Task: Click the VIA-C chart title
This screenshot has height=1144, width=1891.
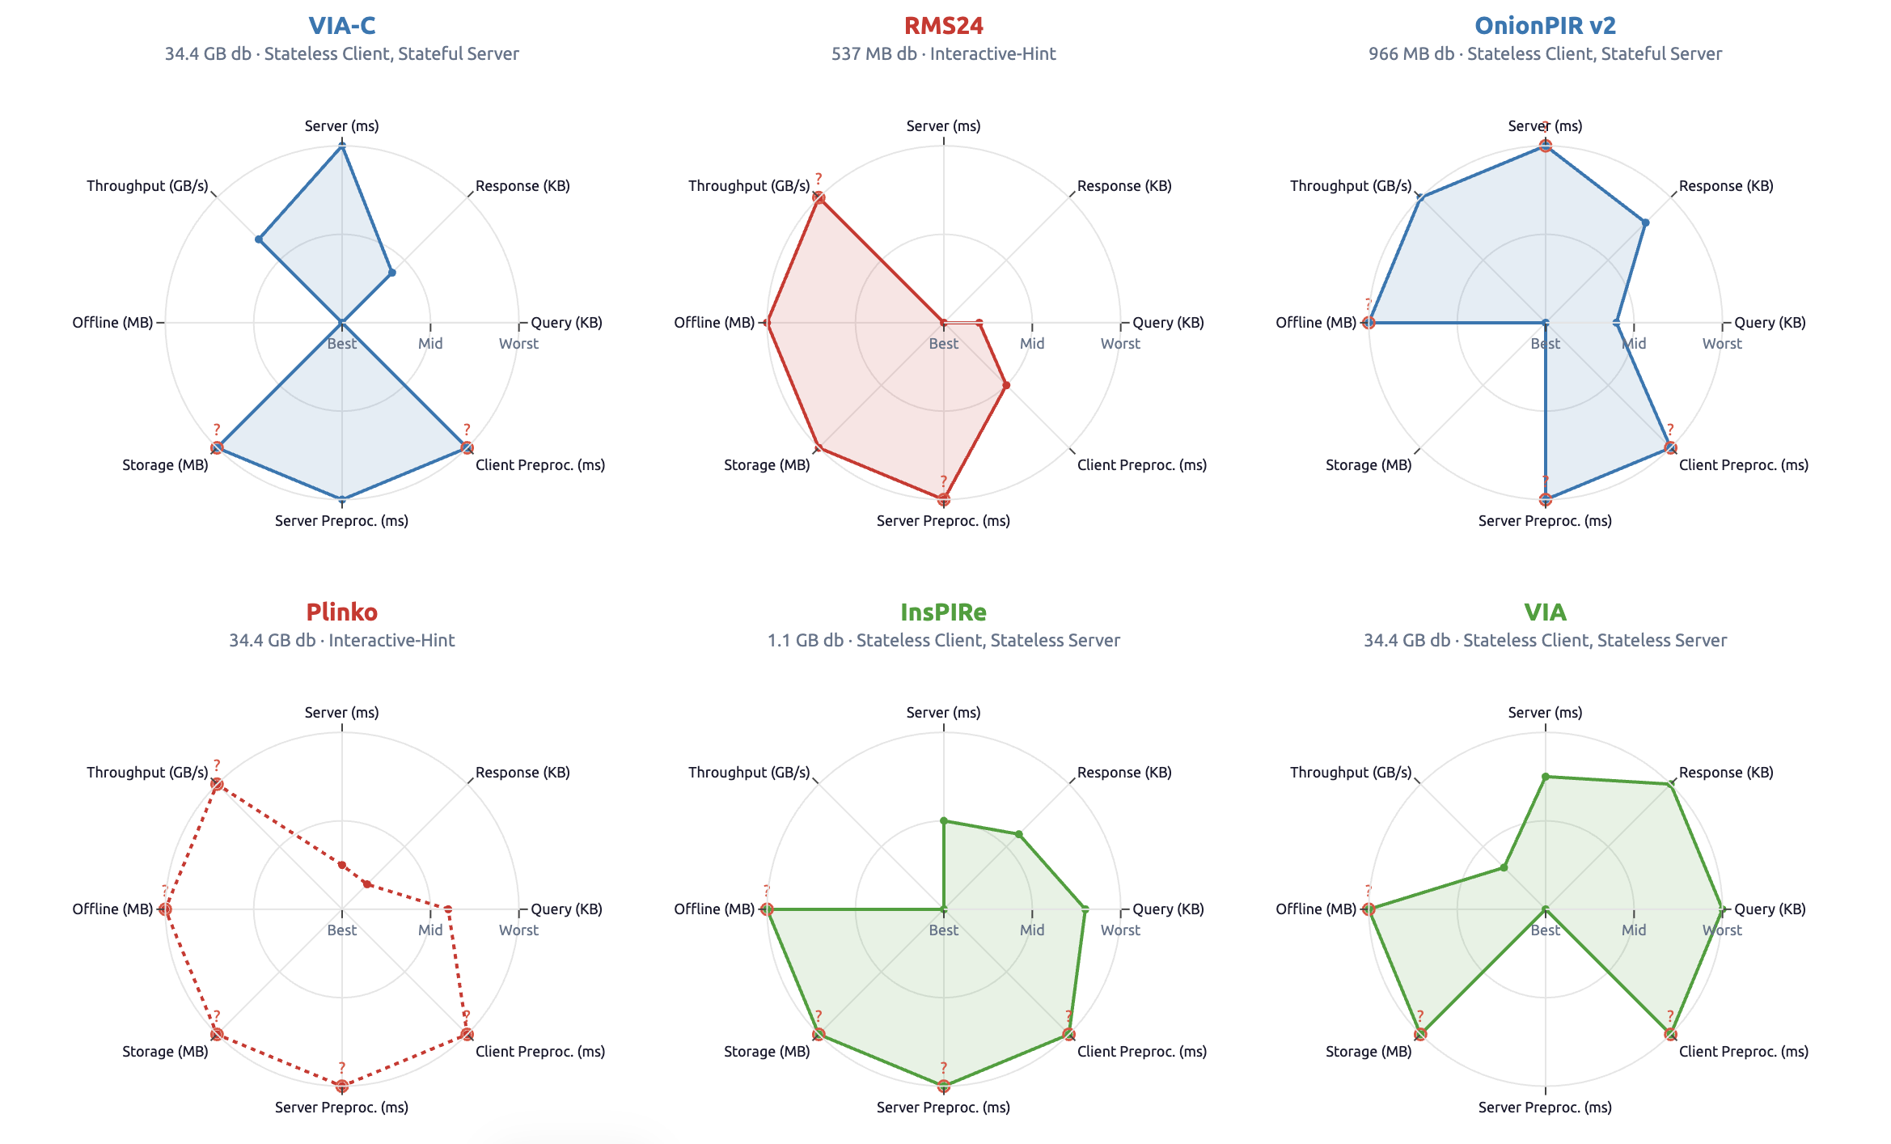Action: [341, 26]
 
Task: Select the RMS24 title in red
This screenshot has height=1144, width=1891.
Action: [943, 26]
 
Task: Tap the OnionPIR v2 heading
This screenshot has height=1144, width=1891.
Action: [1545, 26]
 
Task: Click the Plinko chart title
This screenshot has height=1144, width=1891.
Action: [341, 612]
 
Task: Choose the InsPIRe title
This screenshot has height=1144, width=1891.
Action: [943, 612]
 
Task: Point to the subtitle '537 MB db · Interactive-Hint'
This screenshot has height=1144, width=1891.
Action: [943, 54]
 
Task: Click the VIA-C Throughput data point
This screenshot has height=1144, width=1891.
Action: [259, 239]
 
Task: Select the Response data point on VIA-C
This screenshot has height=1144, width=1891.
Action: [391, 273]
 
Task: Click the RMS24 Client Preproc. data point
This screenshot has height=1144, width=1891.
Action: [1005, 385]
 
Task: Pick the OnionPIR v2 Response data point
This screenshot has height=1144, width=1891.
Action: [1645, 222]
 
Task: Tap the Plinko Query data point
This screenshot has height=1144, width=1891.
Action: [448, 909]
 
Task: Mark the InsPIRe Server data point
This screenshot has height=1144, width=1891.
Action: [943, 821]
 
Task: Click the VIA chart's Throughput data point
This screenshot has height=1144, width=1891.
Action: [1504, 868]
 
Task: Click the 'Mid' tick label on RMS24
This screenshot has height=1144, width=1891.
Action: [1032, 344]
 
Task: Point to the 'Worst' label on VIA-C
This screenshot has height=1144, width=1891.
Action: [518, 344]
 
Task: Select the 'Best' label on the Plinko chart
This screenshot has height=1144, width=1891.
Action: [341, 930]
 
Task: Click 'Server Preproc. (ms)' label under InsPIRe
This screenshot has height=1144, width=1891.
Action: [943, 1108]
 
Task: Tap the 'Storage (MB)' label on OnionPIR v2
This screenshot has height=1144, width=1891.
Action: [1369, 465]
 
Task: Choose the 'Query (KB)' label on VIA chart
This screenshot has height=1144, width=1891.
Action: [1770, 909]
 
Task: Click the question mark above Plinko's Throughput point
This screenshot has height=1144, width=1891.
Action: [217, 765]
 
